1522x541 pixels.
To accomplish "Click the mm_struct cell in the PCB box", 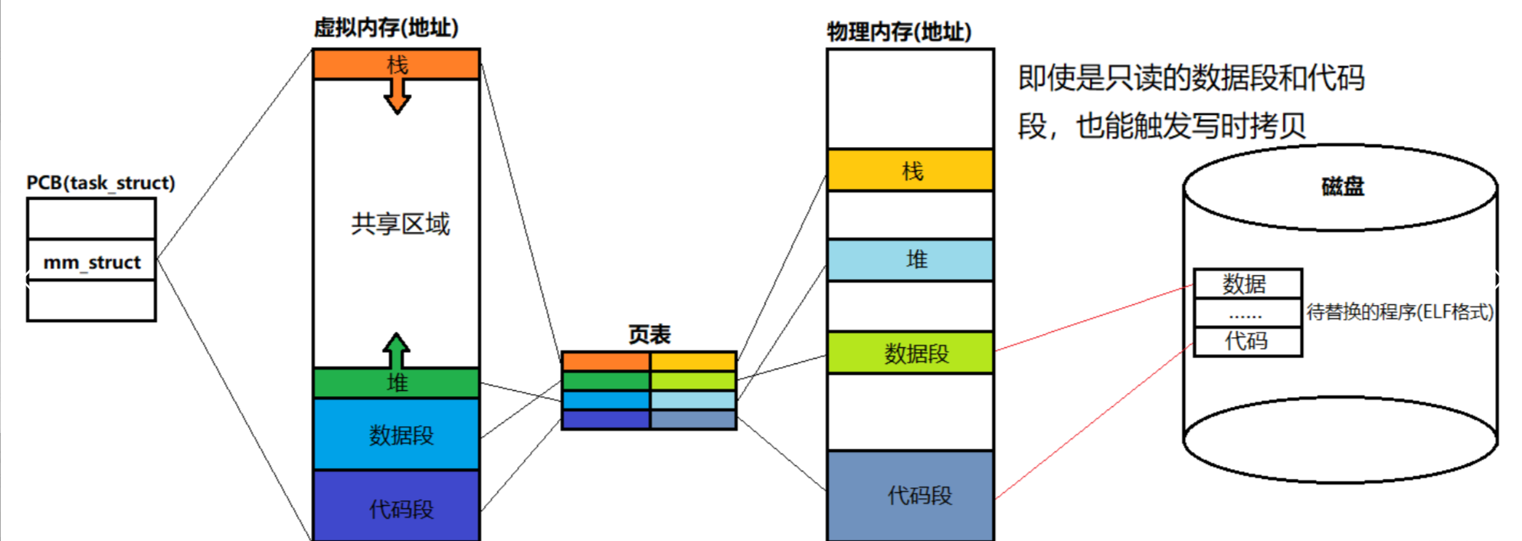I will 91,262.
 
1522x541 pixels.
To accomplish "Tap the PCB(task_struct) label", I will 100,183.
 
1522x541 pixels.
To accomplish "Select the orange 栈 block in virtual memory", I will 397,64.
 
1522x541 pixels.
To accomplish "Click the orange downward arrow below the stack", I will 397,97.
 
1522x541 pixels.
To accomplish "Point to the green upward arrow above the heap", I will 396,350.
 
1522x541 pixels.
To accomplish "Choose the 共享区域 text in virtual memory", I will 400,224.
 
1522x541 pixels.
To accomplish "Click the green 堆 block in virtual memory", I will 397,382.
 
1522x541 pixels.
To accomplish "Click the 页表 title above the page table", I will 649,334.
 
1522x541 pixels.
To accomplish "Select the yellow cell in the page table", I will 693,361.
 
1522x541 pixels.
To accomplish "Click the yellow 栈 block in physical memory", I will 911,170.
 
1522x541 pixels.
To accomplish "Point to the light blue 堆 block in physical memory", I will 911,260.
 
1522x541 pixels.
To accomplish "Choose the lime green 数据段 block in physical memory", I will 911,353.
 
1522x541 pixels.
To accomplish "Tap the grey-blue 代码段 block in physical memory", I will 911,495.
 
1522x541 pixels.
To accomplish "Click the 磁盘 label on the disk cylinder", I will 1342,186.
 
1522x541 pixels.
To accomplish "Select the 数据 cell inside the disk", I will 1247,284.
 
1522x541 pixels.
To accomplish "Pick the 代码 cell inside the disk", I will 1247,341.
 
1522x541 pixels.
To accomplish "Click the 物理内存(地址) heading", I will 898,32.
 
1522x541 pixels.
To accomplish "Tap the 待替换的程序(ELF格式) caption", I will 1399,312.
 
